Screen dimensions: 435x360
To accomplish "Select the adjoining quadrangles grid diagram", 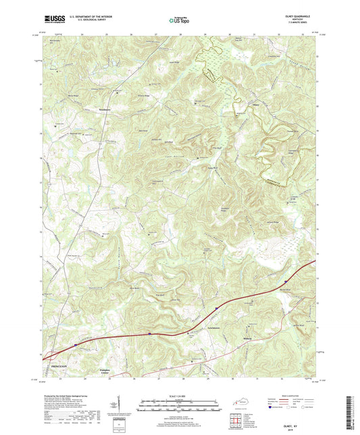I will point(236,421).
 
